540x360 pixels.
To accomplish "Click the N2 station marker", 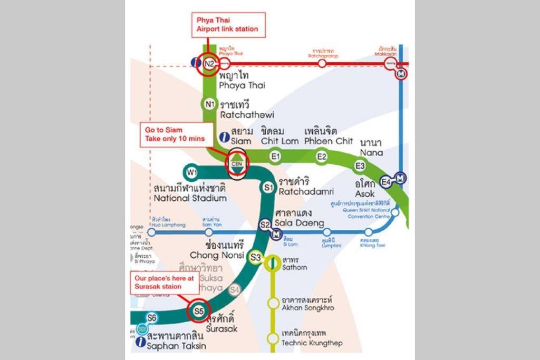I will tap(209, 64).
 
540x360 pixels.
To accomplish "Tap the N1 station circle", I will tap(209, 103).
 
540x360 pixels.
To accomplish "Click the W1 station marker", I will tap(191, 172).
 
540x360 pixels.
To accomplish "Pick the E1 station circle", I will tap(275, 155).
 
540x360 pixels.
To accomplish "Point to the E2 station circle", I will tap(322, 155).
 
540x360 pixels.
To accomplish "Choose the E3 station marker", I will tap(360, 166).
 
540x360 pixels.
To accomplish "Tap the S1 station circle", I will tap(268, 187).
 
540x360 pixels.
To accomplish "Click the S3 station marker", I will tap(256, 257).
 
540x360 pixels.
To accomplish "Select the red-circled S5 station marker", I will tap(198, 311).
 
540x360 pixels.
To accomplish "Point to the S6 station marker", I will tap(152, 317).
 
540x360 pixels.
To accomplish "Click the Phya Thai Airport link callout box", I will tap(227, 24).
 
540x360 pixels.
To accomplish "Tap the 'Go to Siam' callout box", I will tap(175, 135).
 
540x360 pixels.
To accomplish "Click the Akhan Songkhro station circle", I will tap(273, 303).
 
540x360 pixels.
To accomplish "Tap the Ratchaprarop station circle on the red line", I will tap(322, 63).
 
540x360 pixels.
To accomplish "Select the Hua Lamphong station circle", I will tap(152, 232).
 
